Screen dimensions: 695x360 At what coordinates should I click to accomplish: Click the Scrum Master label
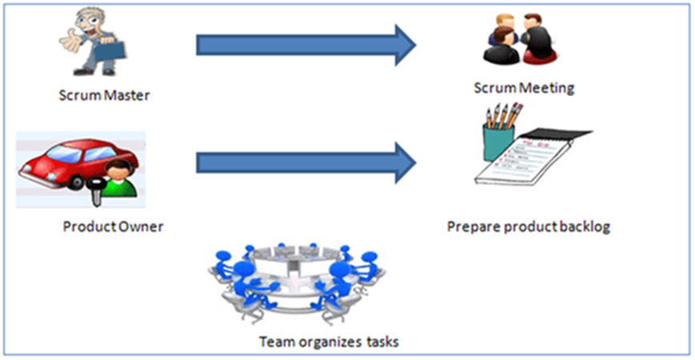[x=104, y=95]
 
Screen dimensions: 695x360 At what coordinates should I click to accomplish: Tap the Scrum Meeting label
[x=524, y=88]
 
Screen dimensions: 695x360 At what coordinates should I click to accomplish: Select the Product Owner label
[x=113, y=226]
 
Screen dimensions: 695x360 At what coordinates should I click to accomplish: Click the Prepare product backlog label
[x=529, y=227]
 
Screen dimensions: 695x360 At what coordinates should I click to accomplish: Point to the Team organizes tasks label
[x=329, y=342]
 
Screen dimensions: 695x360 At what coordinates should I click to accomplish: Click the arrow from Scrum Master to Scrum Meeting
[x=306, y=46]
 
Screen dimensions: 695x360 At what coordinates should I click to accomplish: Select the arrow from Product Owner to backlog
[x=306, y=162]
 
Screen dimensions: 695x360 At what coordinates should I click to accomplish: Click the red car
[x=78, y=164]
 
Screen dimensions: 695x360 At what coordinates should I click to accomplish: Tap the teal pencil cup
[x=498, y=142]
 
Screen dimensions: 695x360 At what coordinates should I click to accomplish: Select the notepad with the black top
[x=532, y=158]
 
